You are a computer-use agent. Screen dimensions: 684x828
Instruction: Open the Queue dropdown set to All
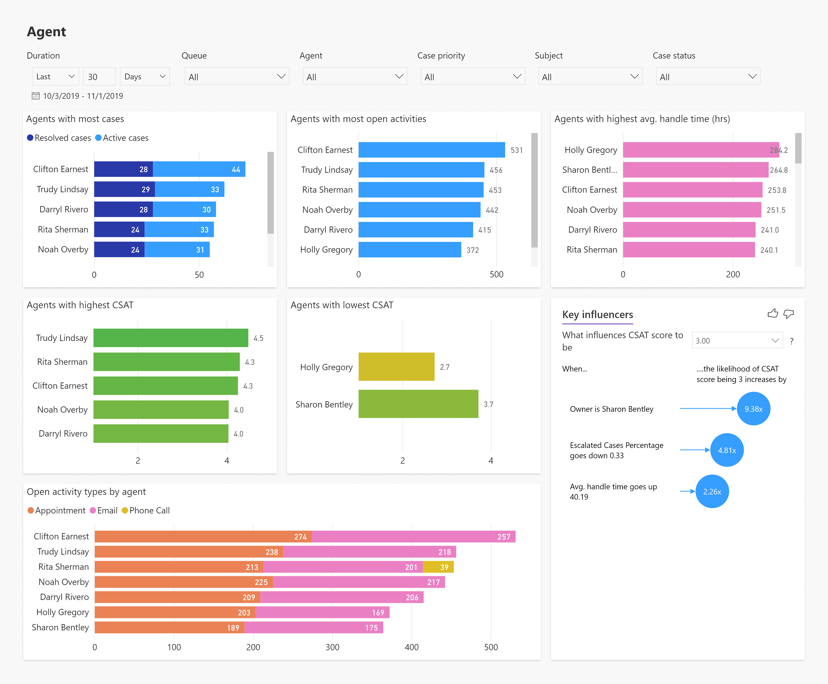coord(236,76)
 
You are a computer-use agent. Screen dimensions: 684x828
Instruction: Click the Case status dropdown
coord(708,76)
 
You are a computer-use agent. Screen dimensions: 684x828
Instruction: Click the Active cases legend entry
coord(122,138)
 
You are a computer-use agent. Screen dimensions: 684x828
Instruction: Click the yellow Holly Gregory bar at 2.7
coord(396,367)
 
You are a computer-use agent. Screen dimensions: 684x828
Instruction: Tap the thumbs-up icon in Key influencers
coord(772,314)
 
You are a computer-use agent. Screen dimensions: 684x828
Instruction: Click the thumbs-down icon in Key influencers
coord(789,314)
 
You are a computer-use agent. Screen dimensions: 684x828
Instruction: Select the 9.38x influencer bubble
coord(753,409)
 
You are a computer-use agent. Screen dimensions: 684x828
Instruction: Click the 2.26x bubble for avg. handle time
coord(712,491)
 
